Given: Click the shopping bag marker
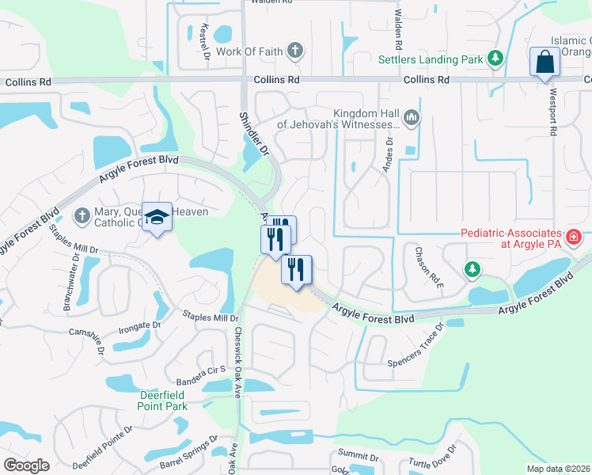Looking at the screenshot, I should (x=545, y=63).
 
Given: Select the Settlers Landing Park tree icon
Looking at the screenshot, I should (x=495, y=58).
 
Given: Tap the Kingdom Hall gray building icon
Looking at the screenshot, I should (x=411, y=118).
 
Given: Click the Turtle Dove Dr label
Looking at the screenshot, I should (x=430, y=464).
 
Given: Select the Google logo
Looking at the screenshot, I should (x=26, y=465).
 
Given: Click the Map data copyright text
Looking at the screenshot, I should (x=557, y=469).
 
